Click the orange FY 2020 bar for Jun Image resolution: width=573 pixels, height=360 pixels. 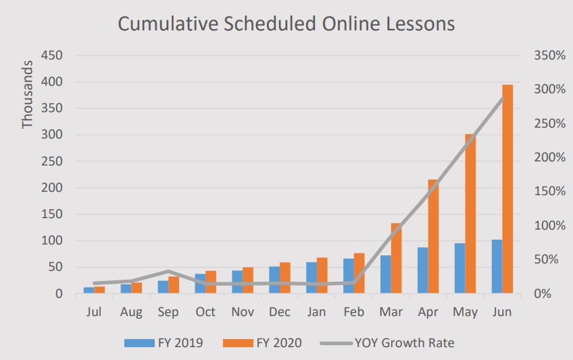pyautogui.click(x=507, y=189)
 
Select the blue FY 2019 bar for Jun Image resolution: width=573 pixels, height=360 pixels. pyautogui.click(x=497, y=267)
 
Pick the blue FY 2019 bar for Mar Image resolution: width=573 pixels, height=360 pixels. pyautogui.click(x=385, y=274)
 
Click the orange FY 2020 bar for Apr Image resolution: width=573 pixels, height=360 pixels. pyautogui.click(x=433, y=236)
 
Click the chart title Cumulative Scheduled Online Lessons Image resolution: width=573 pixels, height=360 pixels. pyautogui.click(x=286, y=24)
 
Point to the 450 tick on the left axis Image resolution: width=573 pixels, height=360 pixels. pyautogui.click(x=52, y=55)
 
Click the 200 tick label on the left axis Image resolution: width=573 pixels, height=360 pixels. pyautogui.click(x=52, y=188)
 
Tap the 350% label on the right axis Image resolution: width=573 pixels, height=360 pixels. pyautogui.click(x=548, y=55)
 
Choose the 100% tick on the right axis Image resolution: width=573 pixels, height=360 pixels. pyautogui.click(x=548, y=226)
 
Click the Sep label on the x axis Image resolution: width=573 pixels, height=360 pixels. pyautogui.click(x=168, y=312)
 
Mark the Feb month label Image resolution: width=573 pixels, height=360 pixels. pyautogui.click(x=354, y=312)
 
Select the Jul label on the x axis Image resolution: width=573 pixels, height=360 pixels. pyautogui.click(x=94, y=312)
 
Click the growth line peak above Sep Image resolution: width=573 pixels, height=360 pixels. pyautogui.click(x=168, y=272)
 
